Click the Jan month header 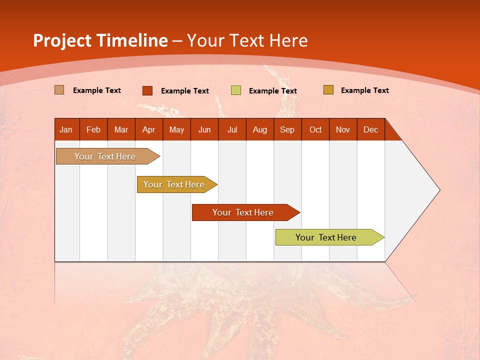66,129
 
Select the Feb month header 93,129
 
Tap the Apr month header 149,129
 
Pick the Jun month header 204,129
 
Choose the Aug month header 260,129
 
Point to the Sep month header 287,129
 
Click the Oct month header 315,129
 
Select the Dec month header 371,129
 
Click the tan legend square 59,90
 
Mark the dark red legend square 147,90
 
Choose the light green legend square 236,90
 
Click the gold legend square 328,90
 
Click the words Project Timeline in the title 100,40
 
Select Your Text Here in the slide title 247,40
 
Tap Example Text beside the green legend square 273,91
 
